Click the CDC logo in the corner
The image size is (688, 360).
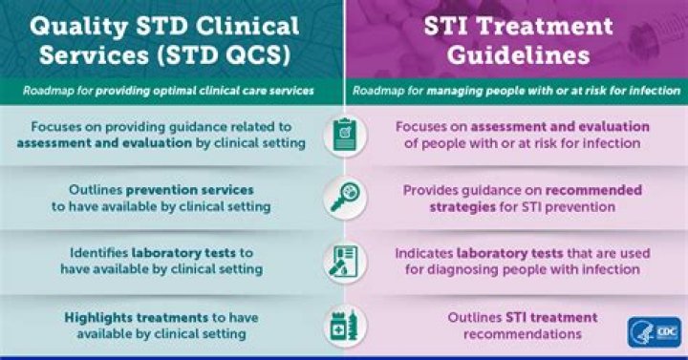click(655, 331)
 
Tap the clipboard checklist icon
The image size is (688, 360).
click(344, 136)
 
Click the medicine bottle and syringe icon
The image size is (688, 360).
click(344, 325)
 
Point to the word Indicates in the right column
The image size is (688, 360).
click(425, 253)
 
